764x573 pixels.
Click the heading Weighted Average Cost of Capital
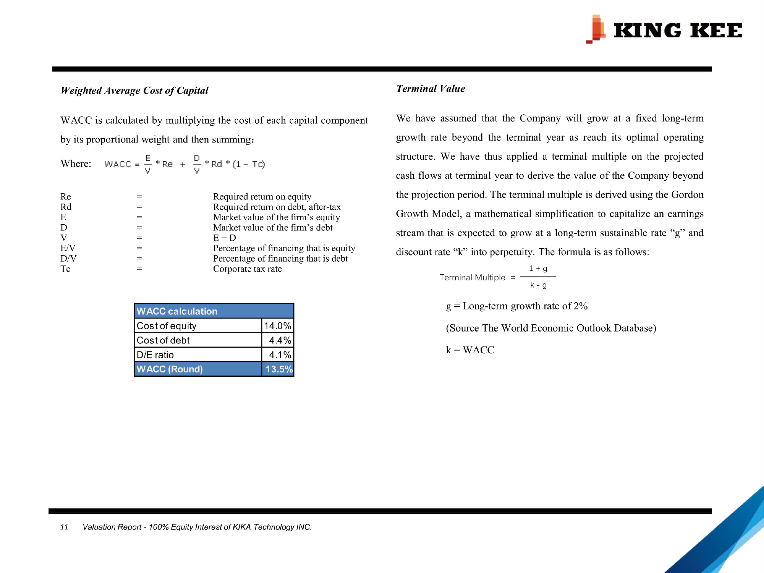tap(134, 91)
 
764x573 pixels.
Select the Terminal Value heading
tap(430, 89)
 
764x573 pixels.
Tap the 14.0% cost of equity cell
tap(278, 326)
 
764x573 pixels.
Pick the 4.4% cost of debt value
tap(280, 340)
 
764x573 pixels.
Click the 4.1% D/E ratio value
tap(280, 355)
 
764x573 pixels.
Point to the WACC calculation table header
tap(214, 311)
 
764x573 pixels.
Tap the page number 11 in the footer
tap(64, 527)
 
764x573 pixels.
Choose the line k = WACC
tap(470, 350)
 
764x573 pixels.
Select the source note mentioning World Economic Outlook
tap(551, 328)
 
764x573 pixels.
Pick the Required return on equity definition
tap(262, 197)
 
